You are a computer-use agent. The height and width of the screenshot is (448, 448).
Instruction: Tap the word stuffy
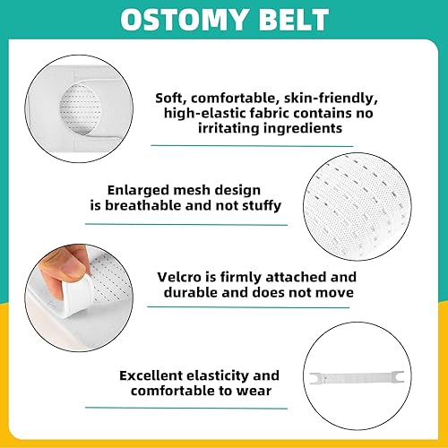pyautogui.click(x=261, y=206)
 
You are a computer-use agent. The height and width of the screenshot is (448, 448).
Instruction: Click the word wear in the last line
pyautogui.click(x=259, y=392)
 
